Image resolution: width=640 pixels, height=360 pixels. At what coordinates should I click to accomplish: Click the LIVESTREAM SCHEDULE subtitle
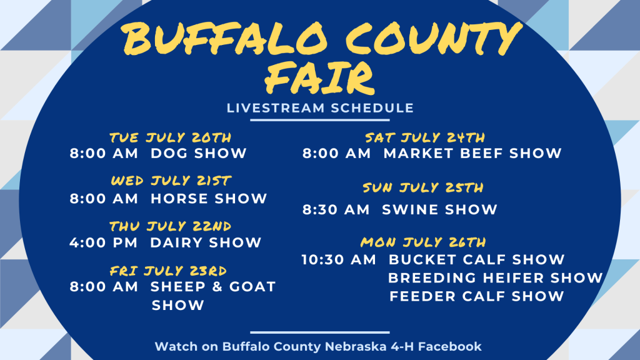coord(321,108)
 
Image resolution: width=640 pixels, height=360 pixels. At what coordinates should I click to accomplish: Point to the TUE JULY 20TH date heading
coord(171,137)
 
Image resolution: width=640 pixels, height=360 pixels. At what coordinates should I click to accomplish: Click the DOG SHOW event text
coord(199,154)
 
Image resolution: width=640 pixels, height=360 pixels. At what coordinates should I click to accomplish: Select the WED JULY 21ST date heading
coord(171,181)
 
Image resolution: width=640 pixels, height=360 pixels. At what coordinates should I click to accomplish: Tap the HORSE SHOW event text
coord(209,199)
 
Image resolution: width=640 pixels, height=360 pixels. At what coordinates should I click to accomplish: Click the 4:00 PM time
coord(104,243)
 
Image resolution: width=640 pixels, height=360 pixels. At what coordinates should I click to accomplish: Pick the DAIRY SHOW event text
coord(206,243)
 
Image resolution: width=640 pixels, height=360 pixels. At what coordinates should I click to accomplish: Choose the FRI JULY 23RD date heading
coord(168,271)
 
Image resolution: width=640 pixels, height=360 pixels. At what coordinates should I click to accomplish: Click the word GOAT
coord(252,286)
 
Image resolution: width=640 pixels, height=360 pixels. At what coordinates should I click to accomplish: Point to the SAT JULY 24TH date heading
coord(425,137)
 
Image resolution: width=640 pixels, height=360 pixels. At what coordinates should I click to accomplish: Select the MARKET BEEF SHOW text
coord(472,154)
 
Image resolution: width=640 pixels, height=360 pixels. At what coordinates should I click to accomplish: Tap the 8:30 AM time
coord(336,210)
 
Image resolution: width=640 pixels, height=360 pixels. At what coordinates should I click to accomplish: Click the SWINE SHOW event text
coord(439,210)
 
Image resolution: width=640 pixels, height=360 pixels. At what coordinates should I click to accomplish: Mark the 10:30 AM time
coord(339,259)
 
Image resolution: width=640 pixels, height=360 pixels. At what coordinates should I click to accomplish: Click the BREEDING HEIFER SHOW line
coord(496,278)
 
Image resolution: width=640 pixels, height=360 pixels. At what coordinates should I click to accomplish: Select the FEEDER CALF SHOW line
coord(477,296)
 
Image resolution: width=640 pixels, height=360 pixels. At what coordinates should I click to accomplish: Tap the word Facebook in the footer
coord(450,346)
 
